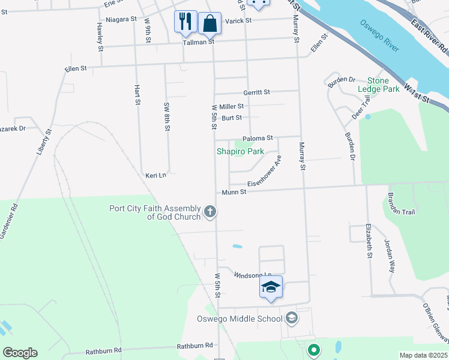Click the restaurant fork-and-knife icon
(185, 22)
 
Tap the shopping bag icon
(209, 24)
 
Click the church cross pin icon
(210, 211)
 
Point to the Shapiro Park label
(240, 151)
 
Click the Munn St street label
(234, 192)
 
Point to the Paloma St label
(258, 138)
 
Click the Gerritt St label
(256, 92)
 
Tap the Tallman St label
(199, 42)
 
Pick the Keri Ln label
(155, 175)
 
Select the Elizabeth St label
(369, 241)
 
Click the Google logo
(20, 353)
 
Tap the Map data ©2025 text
(423, 355)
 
